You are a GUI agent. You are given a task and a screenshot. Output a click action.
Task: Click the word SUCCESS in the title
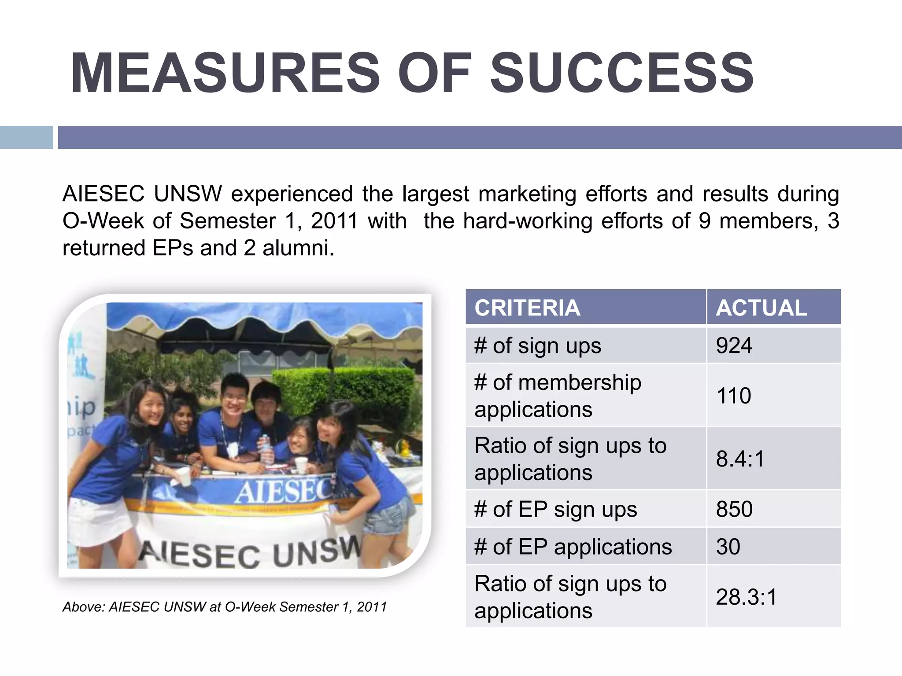(622, 73)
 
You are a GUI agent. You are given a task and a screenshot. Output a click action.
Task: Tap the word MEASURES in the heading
(225, 73)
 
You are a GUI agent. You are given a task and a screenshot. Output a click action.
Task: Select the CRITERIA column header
(527, 308)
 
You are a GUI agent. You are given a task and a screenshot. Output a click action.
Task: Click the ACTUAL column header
(762, 308)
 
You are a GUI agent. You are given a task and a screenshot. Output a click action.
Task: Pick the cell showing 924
(734, 345)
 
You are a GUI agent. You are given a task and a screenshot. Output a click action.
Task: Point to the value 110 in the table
(734, 395)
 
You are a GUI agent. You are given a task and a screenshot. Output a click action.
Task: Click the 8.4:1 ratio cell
(740, 459)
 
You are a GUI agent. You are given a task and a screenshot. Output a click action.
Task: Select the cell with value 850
(734, 509)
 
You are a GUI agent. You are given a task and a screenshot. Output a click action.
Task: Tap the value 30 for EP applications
(728, 547)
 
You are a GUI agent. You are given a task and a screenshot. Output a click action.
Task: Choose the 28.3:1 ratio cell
(746, 597)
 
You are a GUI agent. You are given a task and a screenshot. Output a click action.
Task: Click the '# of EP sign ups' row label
(555, 510)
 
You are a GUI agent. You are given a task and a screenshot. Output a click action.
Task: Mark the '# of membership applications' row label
(557, 396)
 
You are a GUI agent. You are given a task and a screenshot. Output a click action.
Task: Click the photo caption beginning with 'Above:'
(225, 607)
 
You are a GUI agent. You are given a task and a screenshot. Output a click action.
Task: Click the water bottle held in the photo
(266, 449)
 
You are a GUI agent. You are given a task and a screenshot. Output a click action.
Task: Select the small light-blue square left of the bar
(26, 137)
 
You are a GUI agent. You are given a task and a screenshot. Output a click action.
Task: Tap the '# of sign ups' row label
(537, 346)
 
